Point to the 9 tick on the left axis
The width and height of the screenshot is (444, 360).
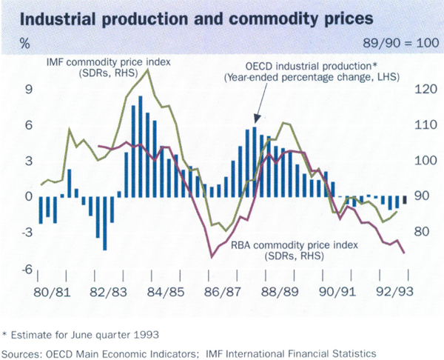27,90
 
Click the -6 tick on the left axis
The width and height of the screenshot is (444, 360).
25,269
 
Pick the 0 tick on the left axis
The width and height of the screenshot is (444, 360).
27,196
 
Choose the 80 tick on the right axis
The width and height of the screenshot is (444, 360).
420,232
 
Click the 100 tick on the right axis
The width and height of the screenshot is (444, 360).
423,161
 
